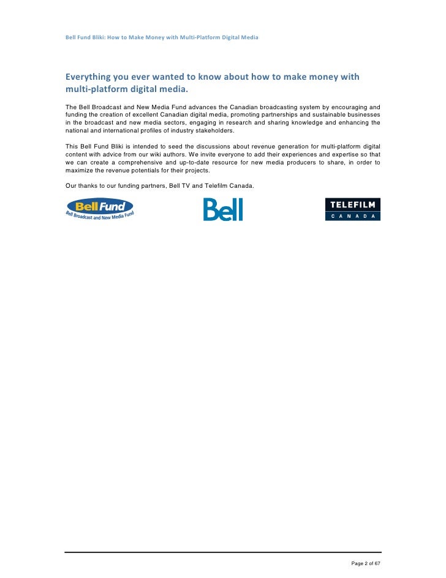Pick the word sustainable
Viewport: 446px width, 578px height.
pyautogui.click(x=334, y=115)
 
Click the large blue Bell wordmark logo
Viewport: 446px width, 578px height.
pyautogui.click(x=223, y=210)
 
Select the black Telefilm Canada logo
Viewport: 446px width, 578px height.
pyautogui.click(x=352, y=209)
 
